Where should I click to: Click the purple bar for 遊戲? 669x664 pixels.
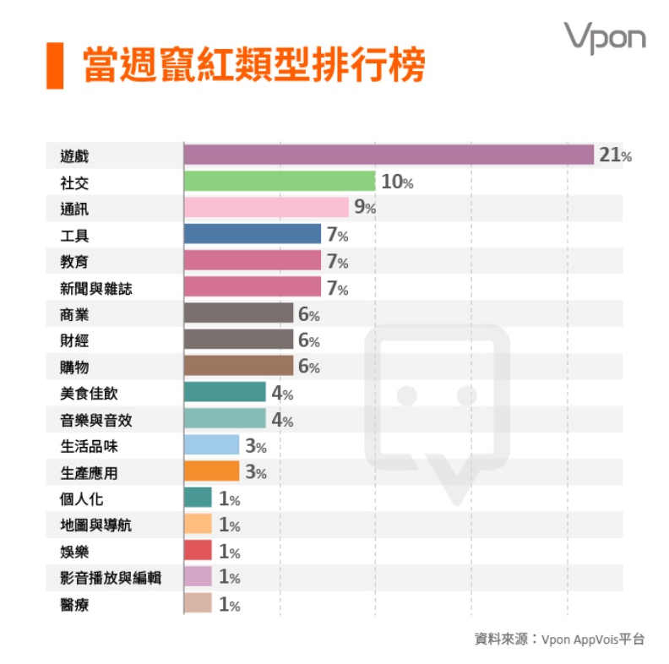pyautogui.click(x=389, y=155)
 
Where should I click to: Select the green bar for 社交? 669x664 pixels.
pyautogui.click(x=279, y=181)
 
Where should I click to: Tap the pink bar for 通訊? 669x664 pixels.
pyautogui.click(x=266, y=207)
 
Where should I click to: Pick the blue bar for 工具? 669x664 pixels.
pyautogui.click(x=252, y=234)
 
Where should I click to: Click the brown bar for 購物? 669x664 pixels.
pyautogui.click(x=238, y=366)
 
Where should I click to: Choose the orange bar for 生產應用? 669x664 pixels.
pyautogui.click(x=211, y=471)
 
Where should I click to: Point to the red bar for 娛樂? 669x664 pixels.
pyautogui.click(x=198, y=551)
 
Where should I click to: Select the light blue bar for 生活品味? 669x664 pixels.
pyautogui.click(x=211, y=445)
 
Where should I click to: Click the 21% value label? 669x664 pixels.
pyautogui.click(x=615, y=155)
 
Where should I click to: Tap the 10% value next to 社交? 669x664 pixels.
pyautogui.click(x=397, y=182)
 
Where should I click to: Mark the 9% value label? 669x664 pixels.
pyautogui.click(x=365, y=208)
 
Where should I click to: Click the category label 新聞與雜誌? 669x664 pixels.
pyautogui.click(x=96, y=289)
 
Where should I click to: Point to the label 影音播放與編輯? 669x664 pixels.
pyautogui.click(x=110, y=578)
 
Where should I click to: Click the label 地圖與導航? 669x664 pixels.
pyautogui.click(x=96, y=525)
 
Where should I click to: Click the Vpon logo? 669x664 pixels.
pyautogui.click(x=605, y=38)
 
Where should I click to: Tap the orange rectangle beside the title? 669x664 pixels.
pyautogui.click(x=55, y=65)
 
